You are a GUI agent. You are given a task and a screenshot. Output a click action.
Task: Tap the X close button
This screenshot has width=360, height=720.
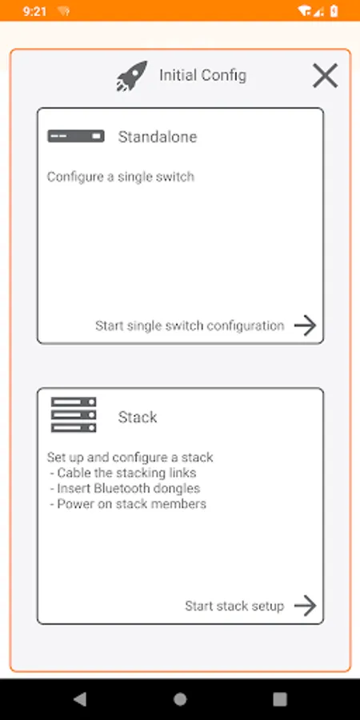[x=325, y=76]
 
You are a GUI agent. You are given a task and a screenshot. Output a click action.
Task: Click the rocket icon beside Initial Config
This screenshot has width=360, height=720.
[x=132, y=76]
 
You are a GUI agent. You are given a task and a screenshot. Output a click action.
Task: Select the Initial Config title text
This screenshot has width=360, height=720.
[x=202, y=75]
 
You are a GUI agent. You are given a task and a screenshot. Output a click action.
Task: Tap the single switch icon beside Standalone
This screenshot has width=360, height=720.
[x=76, y=136]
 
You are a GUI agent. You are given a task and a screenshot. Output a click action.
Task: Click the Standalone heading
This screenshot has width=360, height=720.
[x=158, y=137]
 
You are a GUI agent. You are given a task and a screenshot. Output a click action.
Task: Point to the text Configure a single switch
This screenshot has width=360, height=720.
[x=120, y=177]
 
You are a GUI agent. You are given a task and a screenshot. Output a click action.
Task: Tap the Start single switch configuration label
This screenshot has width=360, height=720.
[x=190, y=326]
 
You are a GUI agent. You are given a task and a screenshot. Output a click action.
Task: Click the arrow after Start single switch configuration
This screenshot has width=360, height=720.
[x=306, y=326]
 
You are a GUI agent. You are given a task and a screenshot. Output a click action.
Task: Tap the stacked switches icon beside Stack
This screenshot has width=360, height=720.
[x=74, y=414]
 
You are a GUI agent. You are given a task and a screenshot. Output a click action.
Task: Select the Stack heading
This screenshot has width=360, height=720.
[x=138, y=417]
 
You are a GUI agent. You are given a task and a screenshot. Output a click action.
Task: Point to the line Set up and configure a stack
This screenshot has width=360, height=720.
[x=130, y=458]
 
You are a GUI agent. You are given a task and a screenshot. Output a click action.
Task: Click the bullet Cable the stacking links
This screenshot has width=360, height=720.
[x=122, y=473]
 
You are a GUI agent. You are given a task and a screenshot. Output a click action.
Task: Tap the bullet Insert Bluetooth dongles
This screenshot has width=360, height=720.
[x=125, y=488]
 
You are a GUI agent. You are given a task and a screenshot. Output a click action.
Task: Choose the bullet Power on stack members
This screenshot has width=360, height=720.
[x=128, y=504]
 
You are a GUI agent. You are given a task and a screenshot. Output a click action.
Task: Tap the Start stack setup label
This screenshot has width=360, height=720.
[x=234, y=606]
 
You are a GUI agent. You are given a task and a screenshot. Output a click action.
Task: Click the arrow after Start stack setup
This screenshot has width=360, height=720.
[x=306, y=606]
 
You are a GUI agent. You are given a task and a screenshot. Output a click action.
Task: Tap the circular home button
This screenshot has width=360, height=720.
[x=180, y=699]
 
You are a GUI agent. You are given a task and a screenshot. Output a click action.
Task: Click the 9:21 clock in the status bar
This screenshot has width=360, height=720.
[x=35, y=11]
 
